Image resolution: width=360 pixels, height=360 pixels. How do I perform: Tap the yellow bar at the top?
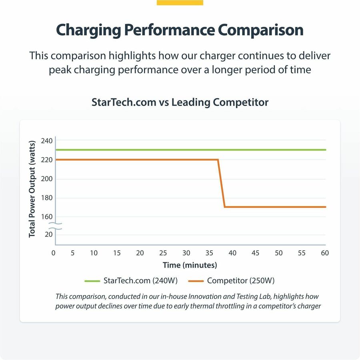(x=180, y=2)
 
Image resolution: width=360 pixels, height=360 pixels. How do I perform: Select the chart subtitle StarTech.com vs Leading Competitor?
(x=180, y=102)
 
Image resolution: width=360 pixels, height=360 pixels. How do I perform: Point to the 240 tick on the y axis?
(x=46, y=141)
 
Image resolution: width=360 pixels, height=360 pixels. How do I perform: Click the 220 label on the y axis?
(x=46, y=160)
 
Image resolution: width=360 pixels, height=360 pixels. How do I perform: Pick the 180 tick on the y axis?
(x=46, y=198)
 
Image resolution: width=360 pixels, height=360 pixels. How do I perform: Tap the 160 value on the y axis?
(x=46, y=217)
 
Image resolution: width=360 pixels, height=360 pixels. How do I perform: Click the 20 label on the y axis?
(x=48, y=234)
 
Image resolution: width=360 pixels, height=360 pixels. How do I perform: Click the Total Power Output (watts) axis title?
(x=32, y=188)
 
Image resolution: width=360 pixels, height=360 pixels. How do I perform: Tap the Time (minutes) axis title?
(x=190, y=265)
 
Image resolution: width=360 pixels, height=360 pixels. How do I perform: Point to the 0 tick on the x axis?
(x=54, y=253)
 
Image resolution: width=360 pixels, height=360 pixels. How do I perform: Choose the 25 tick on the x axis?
(x=163, y=253)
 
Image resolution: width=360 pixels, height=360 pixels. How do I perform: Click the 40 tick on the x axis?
(x=232, y=253)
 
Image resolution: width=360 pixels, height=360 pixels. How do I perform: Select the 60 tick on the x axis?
(x=325, y=253)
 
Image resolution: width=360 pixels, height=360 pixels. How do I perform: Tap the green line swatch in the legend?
(x=92, y=281)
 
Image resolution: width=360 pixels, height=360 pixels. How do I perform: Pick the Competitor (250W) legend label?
(x=240, y=281)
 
